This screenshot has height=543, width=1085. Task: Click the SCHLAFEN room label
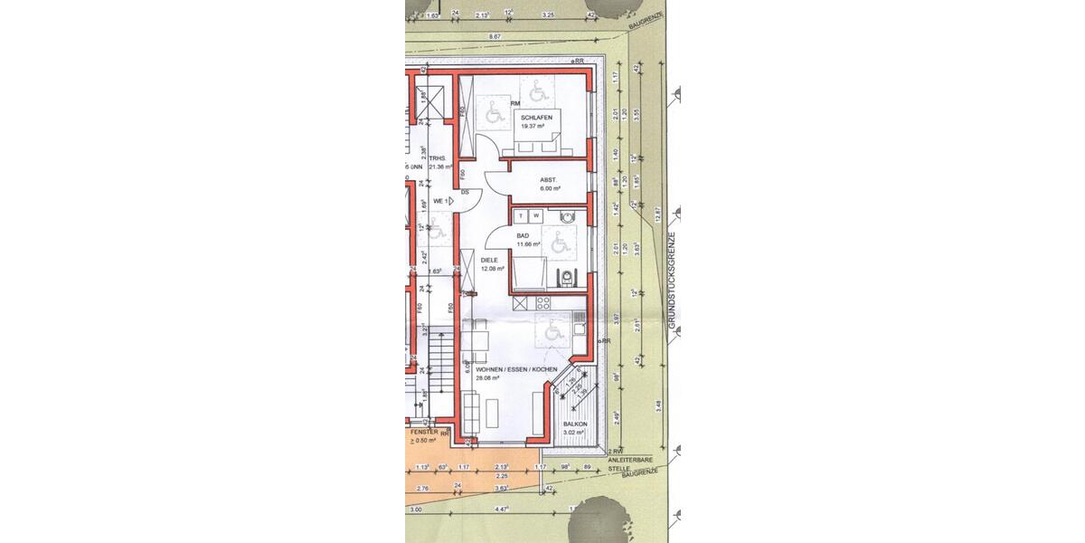click(536, 118)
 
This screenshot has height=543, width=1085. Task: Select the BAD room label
click(523, 235)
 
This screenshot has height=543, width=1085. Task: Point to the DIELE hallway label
click(489, 260)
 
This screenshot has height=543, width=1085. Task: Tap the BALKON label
click(575, 424)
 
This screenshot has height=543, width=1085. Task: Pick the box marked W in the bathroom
click(536, 215)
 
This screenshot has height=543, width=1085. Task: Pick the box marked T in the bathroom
click(522, 215)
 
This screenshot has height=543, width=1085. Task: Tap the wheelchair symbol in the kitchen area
click(552, 331)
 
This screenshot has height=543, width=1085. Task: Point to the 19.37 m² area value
click(530, 127)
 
